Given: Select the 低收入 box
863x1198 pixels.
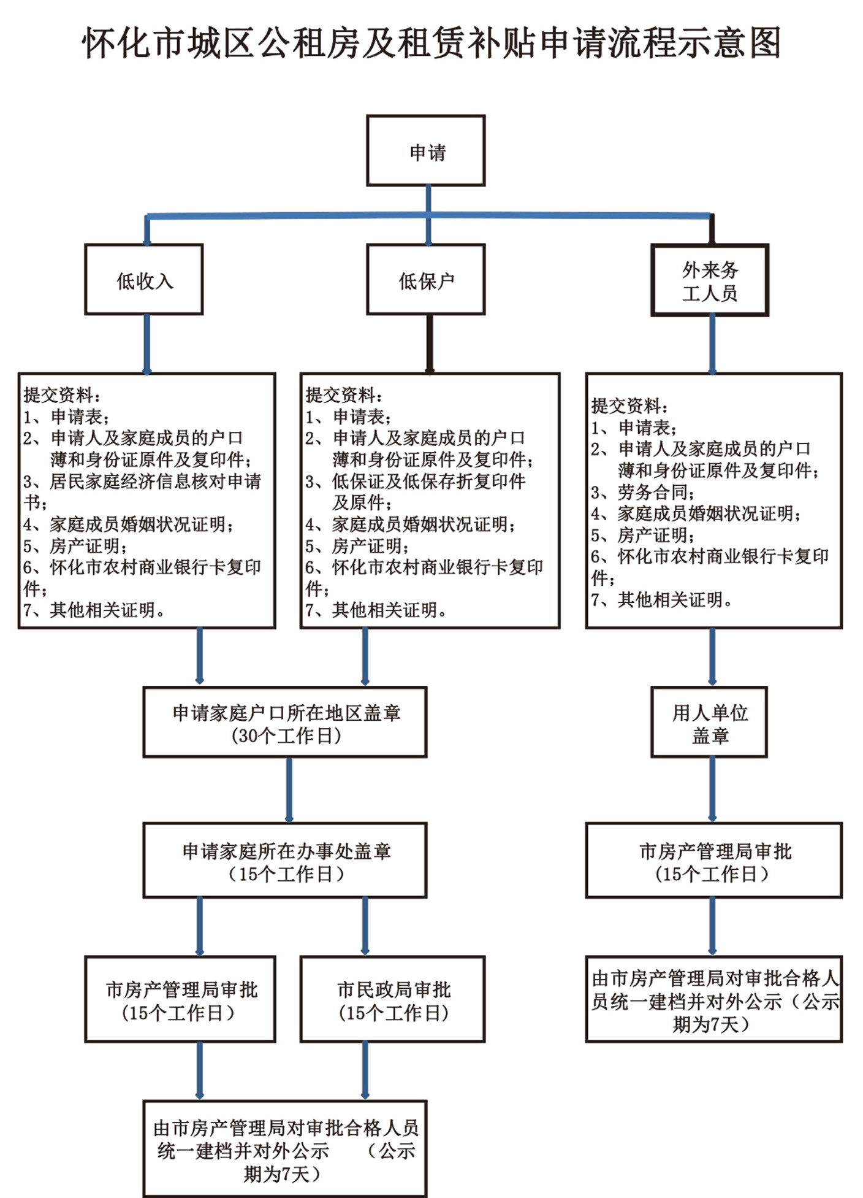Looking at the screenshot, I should (x=144, y=280).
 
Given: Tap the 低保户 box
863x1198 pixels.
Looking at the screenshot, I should (x=426, y=280).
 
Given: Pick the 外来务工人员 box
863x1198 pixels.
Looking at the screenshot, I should (x=710, y=280).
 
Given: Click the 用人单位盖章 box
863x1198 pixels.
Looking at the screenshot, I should (x=709, y=723).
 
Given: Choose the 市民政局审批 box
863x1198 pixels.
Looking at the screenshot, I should (x=393, y=999).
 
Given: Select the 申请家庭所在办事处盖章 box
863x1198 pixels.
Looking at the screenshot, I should (x=285, y=861).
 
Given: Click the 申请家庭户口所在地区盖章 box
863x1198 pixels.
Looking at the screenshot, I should (x=285, y=723).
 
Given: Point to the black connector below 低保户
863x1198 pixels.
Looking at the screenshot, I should (x=430, y=344).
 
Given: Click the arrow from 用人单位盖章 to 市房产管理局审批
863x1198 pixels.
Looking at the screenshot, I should (x=712, y=790).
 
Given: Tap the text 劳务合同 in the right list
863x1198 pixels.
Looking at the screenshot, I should (x=655, y=492).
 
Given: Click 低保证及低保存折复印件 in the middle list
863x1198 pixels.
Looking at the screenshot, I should (x=428, y=482).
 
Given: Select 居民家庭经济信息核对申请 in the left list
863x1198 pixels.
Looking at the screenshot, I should (x=155, y=482).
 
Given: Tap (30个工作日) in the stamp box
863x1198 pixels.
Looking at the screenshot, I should (x=286, y=735).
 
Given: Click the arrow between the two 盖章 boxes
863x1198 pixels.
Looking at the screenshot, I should (x=289, y=790).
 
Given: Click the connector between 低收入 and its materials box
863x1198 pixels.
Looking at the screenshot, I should (x=147, y=344).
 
